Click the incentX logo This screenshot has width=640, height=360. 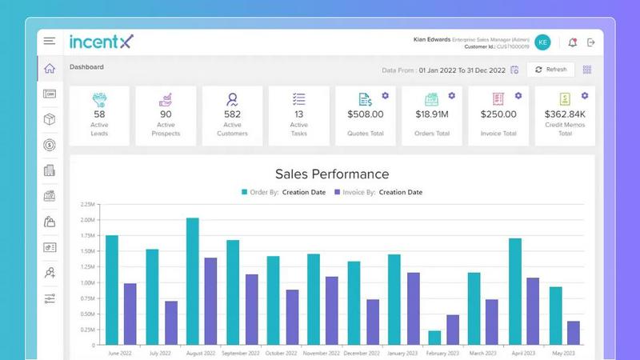(x=101, y=42)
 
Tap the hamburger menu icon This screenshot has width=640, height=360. (x=50, y=42)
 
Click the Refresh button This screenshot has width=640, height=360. (x=550, y=70)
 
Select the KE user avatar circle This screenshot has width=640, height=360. (x=543, y=42)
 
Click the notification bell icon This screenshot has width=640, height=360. (x=572, y=42)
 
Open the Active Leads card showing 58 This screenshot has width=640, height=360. (x=99, y=117)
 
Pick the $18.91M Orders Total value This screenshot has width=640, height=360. (x=431, y=114)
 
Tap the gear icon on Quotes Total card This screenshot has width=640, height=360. (x=385, y=95)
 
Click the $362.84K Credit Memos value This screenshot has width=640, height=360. (x=565, y=114)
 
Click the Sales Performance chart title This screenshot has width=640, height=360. (x=332, y=174)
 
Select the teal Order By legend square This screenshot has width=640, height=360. (x=245, y=192)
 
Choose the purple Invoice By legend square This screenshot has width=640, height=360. (x=338, y=192)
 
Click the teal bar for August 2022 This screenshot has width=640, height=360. (x=193, y=282)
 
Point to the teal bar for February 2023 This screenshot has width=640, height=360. (x=434, y=338)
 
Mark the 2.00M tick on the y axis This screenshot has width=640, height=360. (x=88, y=220)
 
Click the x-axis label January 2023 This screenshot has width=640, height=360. (x=401, y=353)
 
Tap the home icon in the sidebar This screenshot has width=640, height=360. (x=50, y=69)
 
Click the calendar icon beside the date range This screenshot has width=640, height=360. (x=514, y=70)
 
